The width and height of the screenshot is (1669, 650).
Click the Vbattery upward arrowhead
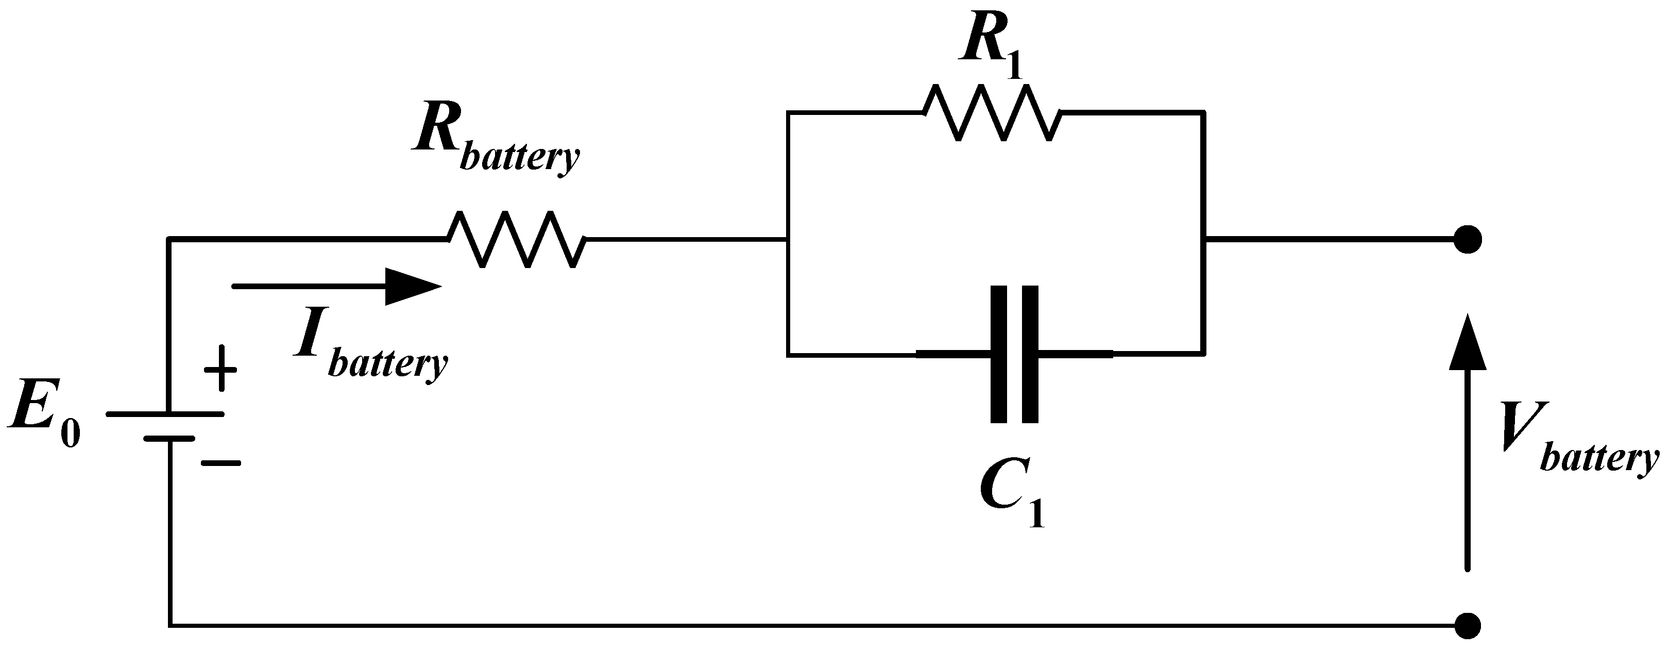pyautogui.click(x=1468, y=343)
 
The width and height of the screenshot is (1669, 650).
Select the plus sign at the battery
pyautogui.click(x=220, y=370)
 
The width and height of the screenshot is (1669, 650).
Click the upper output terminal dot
pyautogui.click(x=1468, y=240)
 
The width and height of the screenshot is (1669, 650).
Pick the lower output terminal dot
pyautogui.click(x=1468, y=626)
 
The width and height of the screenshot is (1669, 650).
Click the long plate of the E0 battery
pyautogui.click(x=165, y=413)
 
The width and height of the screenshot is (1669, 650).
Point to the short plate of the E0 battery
pyautogui.click(x=169, y=439)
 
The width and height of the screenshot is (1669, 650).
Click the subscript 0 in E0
pyautogui.click(x=71, y=434)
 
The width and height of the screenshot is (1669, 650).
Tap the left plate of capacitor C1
pyautogui.click(x=998, y=354)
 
